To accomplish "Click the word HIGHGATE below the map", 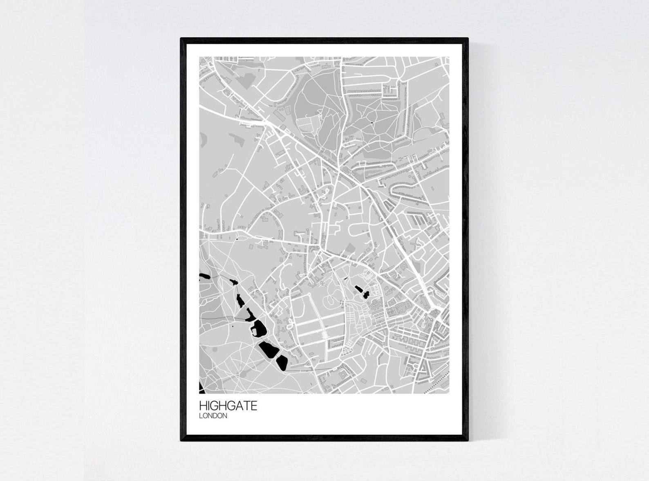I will click(228, 406).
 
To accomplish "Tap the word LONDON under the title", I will click(213, 416).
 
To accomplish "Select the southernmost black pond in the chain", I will click(282, 362).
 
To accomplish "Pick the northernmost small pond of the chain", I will click(233, 282).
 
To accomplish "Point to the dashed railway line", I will click(437, 383).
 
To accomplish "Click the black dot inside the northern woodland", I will click(372, 122).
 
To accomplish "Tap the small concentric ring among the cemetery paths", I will click(323, 283).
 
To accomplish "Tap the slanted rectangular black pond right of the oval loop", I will click(361, 291).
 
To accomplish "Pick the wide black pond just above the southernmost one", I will click(268, 350).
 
